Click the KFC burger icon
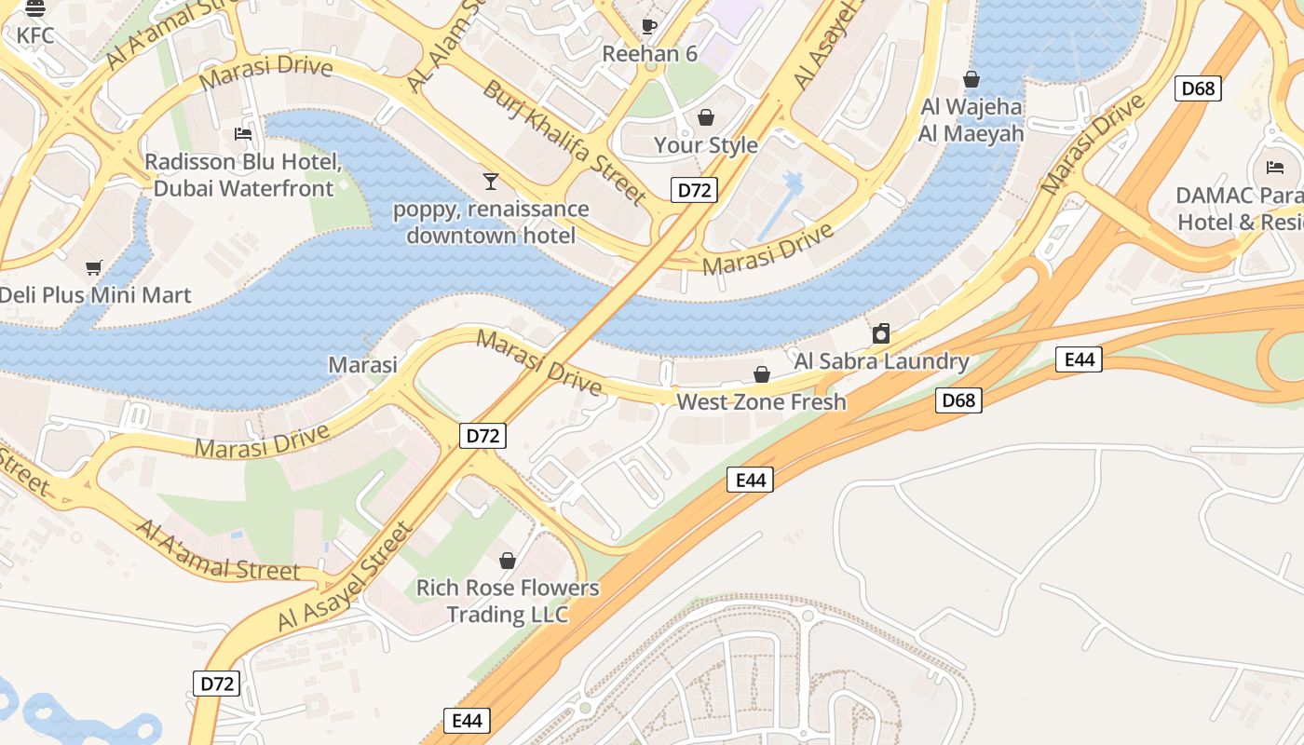coord(35,9)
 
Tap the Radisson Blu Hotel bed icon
coord(243,134)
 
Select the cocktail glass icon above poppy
coord(491,181)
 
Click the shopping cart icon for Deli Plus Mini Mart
coord(93,268)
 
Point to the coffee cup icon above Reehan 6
coord(649,26)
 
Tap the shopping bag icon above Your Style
coord(706,117)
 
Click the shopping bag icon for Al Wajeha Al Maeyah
coord(971,79)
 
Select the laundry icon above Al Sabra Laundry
coord(881,333)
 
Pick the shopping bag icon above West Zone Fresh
coord(762,374)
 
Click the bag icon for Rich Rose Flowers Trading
coord(508,561)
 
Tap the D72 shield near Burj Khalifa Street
coord(694,190)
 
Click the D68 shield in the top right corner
coord(1198,88)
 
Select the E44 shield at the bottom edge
coord(467,720)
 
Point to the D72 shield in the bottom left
coord(217,684)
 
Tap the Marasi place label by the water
coord(362,365)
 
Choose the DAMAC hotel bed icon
coord(1276,168)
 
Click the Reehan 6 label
coord(649,54)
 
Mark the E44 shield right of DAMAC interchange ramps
coord(1079,359)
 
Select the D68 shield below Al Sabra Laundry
coord(958,400)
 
